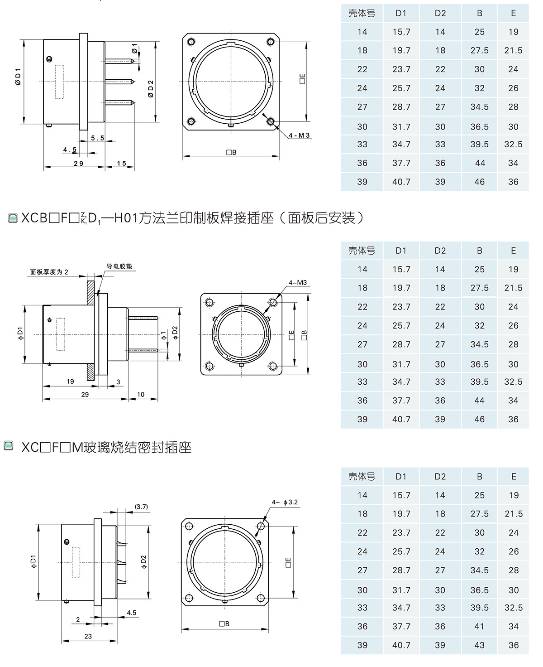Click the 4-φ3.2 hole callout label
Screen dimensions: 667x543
point(285,502)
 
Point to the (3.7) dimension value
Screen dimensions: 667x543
point(141,507)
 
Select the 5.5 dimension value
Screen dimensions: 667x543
point(97,138)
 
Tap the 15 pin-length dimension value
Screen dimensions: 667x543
point(121,163)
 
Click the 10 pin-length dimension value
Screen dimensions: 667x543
point(141,395)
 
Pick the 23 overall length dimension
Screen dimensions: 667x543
point(88,636)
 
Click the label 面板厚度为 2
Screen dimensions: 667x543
point(49,272)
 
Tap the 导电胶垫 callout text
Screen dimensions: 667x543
point(119,266)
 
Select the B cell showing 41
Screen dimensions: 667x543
point(479,626)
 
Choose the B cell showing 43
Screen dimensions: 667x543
point(479,645)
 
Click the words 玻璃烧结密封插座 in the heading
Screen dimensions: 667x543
point(137,448)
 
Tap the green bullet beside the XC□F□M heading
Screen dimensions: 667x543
point(8,447)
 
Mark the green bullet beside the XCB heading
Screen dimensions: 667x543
point(12,219)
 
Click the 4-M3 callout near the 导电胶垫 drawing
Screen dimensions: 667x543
point(298,283)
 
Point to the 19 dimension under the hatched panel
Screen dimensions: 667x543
point(70,382)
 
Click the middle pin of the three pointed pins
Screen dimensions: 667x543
point(119,82)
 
